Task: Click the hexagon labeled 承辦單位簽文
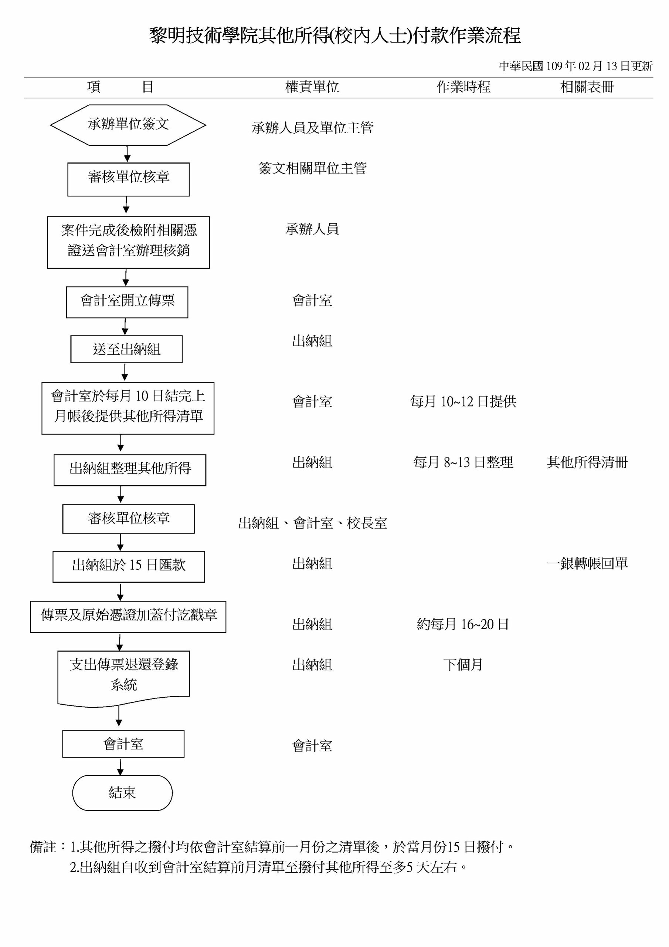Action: tap(128, 125)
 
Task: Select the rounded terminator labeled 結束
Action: tap(122, 793)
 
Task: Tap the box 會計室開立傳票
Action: tap(127, 302)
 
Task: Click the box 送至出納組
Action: tap(126, 349)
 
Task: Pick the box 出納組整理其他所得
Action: tap(130, 470)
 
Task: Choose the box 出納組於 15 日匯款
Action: tap(129, 567)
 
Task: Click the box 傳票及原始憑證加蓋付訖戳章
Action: tap(128, 617)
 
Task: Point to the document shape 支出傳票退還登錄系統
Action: tap(124, 678)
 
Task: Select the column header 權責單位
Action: tap(312, 87)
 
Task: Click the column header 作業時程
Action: tap(463, 87)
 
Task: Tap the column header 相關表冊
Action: tap(587, 87)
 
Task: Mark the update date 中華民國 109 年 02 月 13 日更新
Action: tap(575, 66)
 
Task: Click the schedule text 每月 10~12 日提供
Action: tap(463, 401)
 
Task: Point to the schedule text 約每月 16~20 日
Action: tap(463, 624)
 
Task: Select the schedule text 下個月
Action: tap(463, 665)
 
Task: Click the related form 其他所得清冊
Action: tap(587, 462)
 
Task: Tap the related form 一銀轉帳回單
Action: tap(587, 563)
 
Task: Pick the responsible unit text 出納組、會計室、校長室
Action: tap(312, 523)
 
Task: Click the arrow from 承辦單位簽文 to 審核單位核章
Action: tap(128, 154)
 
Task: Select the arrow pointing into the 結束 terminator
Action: tap(120, 766)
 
